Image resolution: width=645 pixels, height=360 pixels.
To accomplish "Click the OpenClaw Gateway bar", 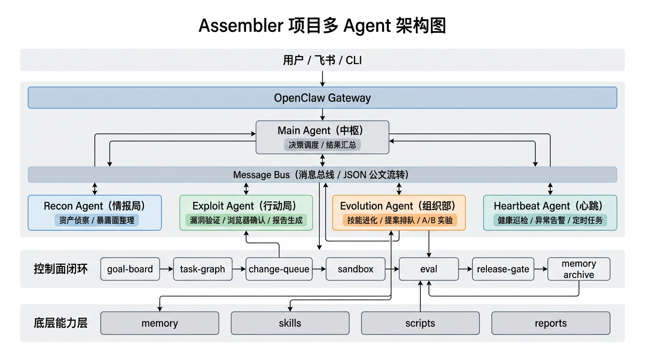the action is pyautogui.click(x=322, y=97).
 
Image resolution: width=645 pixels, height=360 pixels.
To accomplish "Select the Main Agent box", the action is pyautogui.click(x=322, y=137).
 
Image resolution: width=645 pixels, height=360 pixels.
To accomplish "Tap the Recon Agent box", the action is pyautogui.click(x=95, y=213).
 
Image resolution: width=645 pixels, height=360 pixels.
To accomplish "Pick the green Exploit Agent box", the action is pyautogui.click(x=246, y=213).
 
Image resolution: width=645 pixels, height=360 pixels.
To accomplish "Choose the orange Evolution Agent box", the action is pyautogui.click(x=399, y=213).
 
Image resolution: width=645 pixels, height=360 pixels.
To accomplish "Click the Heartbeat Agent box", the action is pyautogui.click(x=550, y=213).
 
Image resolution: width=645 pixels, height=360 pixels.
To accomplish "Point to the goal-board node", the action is pyautogui.click(x=130, y=269).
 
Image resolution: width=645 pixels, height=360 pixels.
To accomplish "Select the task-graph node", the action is pyautogui.click(x=202, y=269).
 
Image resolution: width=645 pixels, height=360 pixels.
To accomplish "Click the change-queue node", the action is pyautogui.click(x=279, y=269).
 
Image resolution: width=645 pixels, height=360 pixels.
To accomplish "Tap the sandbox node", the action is pyautogui.click(x=356, y=269).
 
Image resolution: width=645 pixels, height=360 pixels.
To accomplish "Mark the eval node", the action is pyautogui.click(x=428, y=269).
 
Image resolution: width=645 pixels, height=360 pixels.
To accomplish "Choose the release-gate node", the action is pyautogui.click(x=503, y=269).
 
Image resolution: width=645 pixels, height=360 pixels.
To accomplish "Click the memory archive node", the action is pyautogui.click(x=579, y=269).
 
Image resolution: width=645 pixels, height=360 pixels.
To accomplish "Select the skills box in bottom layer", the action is pyautogui.click(x=290, y=323).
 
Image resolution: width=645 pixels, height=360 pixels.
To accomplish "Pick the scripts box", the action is pyautogui.click(x=420, y=323).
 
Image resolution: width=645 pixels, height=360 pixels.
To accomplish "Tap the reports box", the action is pyautogui.click(x=551, y=323).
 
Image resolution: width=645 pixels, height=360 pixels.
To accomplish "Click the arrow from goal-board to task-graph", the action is pyautogui.click(x=166, y=269).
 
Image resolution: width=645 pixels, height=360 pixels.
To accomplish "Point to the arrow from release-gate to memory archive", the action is pyautogui.click(x=540, y=269).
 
